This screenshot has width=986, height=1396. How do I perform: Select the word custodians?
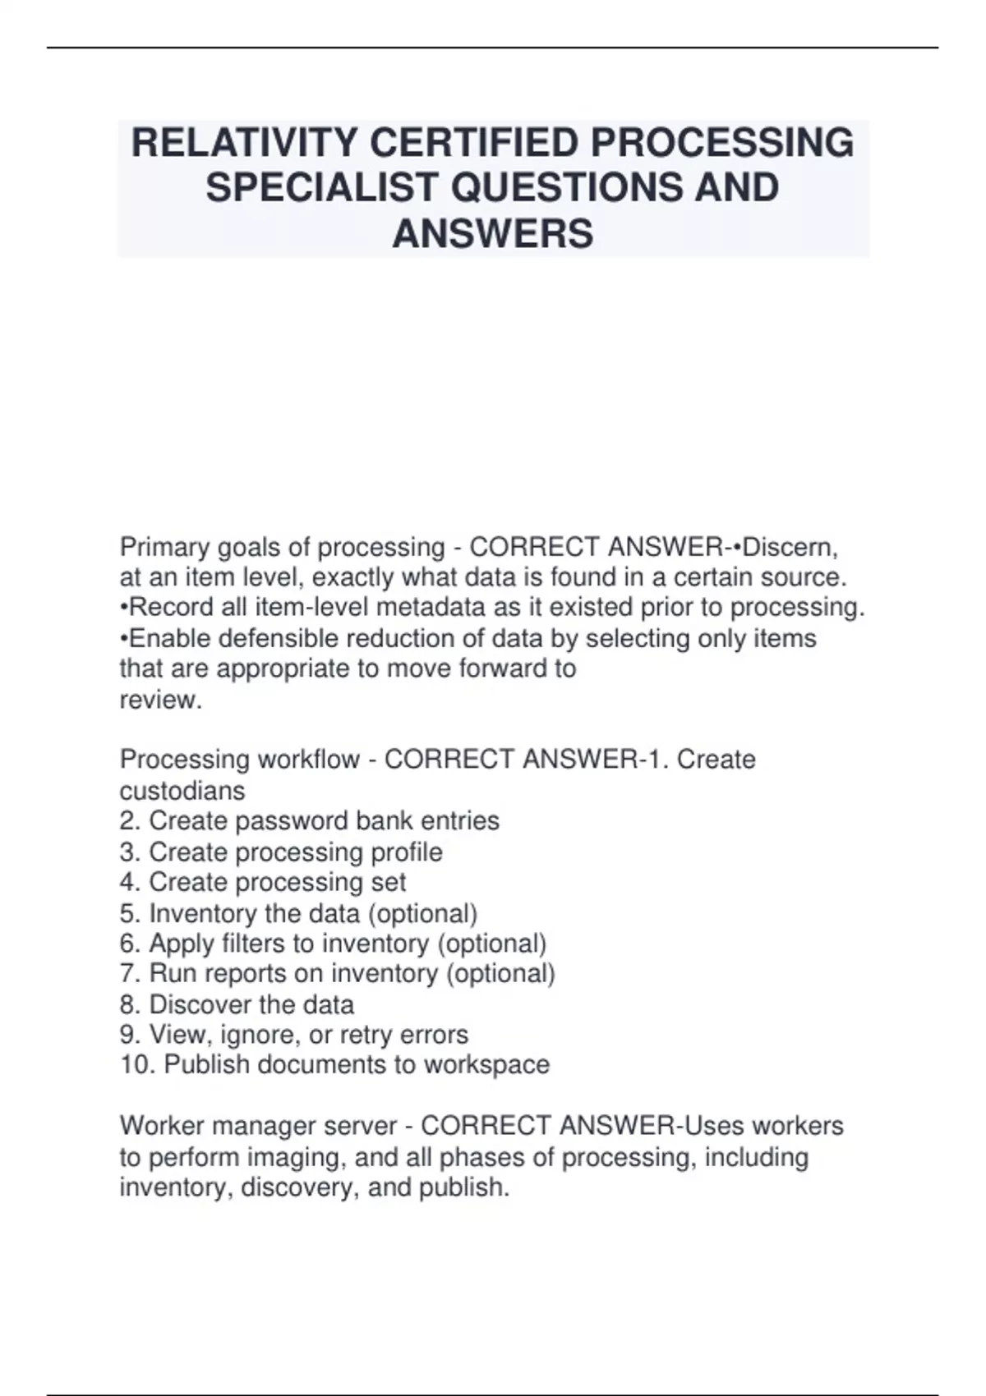click(x=182, y=791)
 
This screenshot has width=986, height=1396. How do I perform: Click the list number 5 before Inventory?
click(x=129, y=913)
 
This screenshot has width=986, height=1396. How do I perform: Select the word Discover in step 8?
click(x=199, y=1004)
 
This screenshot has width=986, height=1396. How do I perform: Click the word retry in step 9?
click(x=366, y=1035)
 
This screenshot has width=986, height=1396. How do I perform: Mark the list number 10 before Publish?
click(x=136, y=1065)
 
